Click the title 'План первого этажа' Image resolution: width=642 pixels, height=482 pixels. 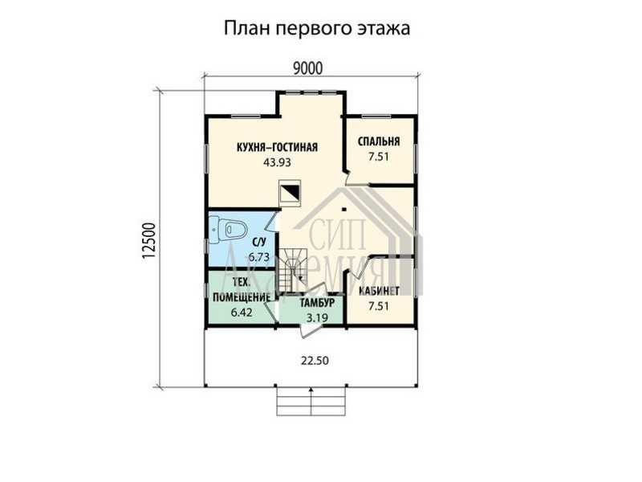[x=317, y=29]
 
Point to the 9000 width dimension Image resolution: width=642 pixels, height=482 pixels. [x=307, y=68]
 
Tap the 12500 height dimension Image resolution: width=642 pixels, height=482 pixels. [x=148, y=241]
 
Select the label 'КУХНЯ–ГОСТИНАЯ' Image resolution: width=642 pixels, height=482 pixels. [x=277, y=147]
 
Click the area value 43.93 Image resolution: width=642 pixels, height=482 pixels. [x=277, y=162]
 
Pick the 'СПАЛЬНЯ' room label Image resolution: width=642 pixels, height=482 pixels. [x=379, y=141]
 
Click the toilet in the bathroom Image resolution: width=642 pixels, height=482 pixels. [x=227, y=230]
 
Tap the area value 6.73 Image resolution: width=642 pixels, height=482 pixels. [x=258, y=257]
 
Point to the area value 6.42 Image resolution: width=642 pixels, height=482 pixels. [x=242, y=312]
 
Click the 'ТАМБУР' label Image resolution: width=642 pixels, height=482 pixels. [x=317, y=303]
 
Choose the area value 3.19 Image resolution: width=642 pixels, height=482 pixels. [x=317, y=317]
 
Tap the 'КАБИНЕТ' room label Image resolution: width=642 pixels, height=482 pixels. [x=379, y=291]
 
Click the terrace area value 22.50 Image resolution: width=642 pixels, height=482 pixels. [x=315, y=361]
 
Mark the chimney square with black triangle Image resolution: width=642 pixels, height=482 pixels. [x=290, y=193]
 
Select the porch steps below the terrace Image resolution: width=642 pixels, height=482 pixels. [x=311, y=402]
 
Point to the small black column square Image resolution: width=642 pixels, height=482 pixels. [x=345, y=210]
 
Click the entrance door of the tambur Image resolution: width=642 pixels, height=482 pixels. [x=310, y=330]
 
